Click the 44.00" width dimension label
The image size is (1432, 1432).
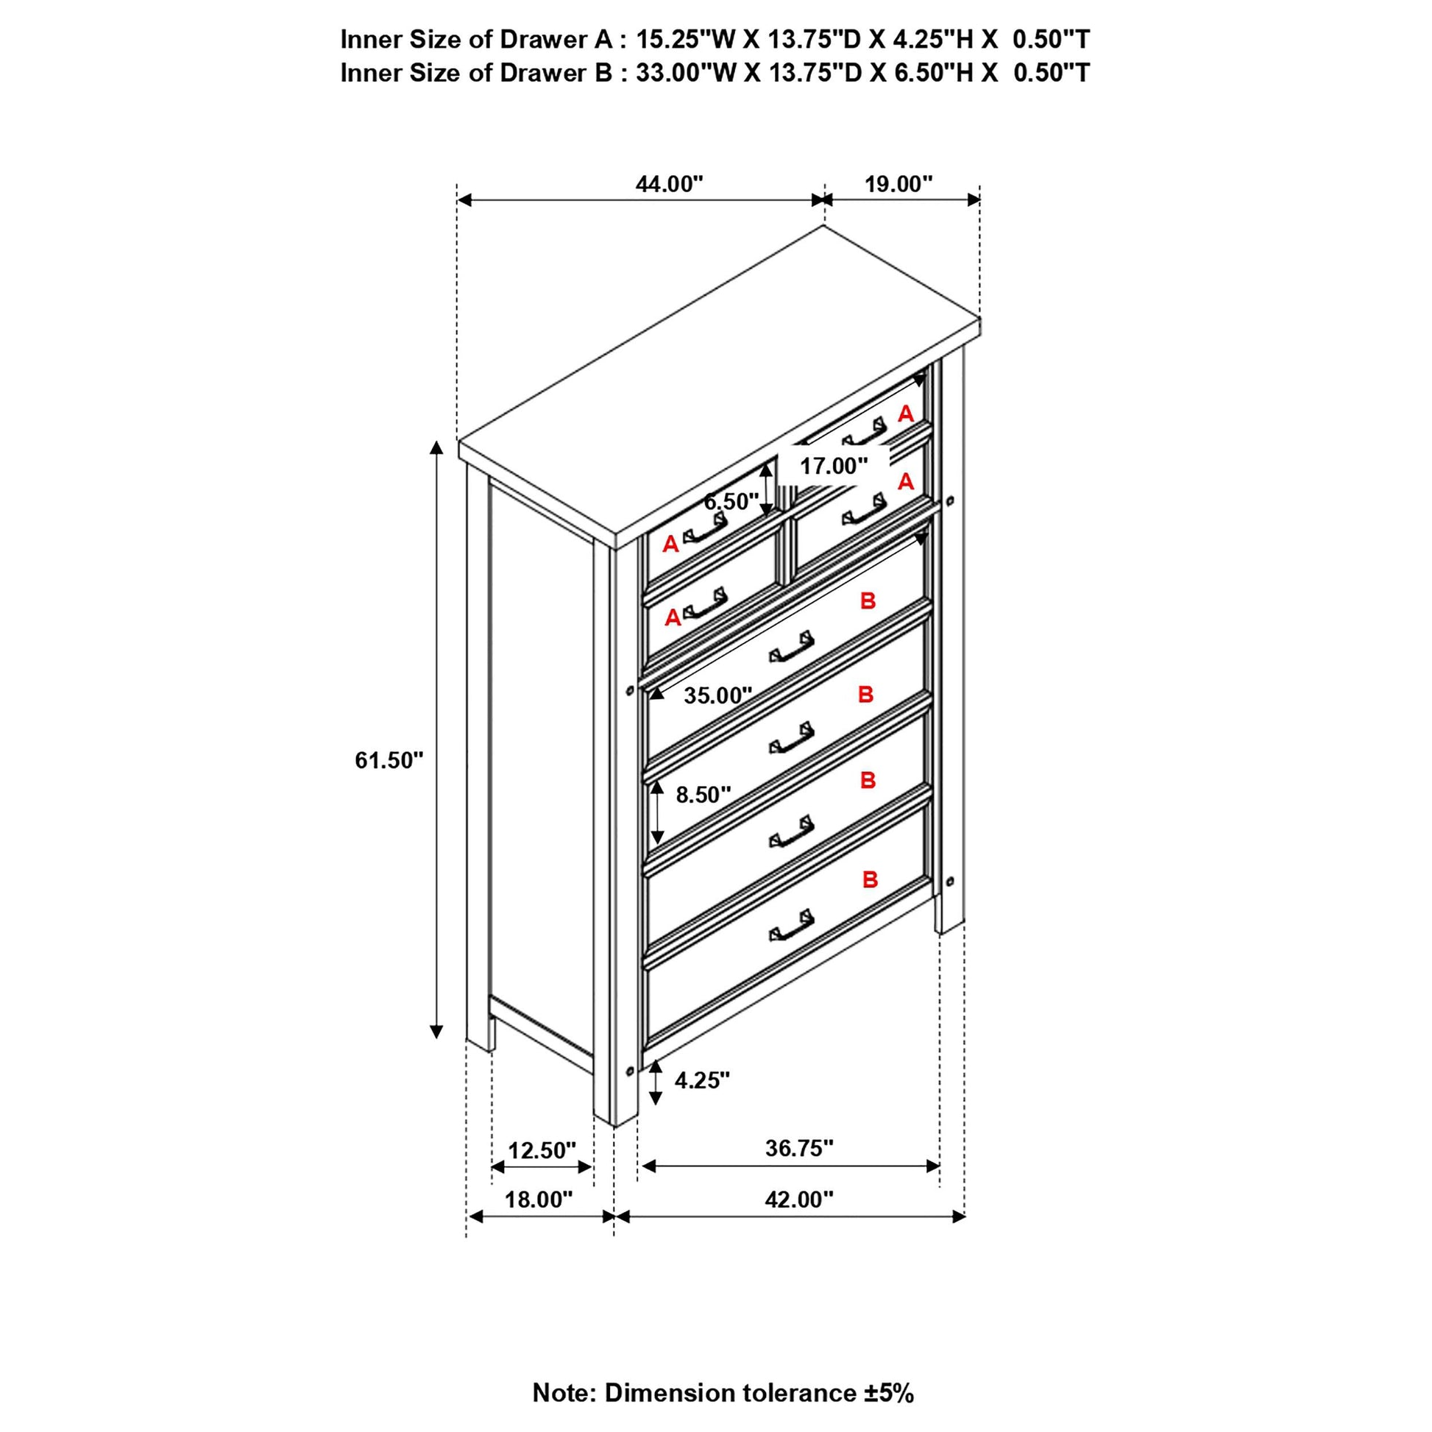(669, 184)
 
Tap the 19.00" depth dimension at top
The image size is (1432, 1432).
(898, 184)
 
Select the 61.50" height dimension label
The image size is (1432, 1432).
(389, 760)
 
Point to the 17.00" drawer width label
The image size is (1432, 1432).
(833, 467)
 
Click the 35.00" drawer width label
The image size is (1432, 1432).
(717, 695)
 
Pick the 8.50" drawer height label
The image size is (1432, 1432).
(703, 795)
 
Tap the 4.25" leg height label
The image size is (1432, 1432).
(701, 1080)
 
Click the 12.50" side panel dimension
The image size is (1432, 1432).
(541, 1150)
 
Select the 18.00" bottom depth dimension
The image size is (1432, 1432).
(539, 1199)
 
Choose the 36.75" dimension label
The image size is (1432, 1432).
(799, 1148)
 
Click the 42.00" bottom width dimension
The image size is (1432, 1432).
(799, 1199)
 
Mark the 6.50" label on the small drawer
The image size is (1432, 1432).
(731, 502)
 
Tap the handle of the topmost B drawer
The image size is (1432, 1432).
(792, 646)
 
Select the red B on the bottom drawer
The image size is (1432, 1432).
(870, 880)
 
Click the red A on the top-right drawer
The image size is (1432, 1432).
(905, 414)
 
